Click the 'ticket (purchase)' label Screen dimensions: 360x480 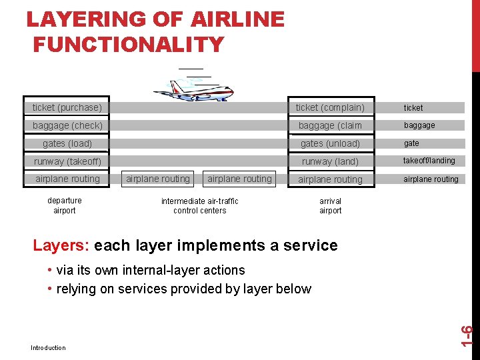[67, 107]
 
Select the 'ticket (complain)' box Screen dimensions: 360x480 [330, 107]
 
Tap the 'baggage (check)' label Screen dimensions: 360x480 [67, 125]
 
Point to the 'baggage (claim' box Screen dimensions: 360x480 [330, 125]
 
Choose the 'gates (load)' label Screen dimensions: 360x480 [67, 143]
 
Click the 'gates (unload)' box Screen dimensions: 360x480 [330, 143]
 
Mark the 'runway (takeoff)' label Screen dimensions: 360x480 [67, 161]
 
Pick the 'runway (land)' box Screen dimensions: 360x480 [330, 161]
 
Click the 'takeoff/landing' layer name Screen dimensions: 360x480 [429, 161]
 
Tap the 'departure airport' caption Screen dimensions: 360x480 [65, 205]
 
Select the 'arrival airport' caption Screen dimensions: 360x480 [330, 205]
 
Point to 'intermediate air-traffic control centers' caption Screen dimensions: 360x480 [199, 205]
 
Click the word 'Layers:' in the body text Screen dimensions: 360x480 [61, 245]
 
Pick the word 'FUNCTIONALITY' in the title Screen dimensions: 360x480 [129, 45]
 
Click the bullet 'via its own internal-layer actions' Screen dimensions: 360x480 [150, 270]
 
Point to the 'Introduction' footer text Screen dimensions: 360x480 [48, 347]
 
